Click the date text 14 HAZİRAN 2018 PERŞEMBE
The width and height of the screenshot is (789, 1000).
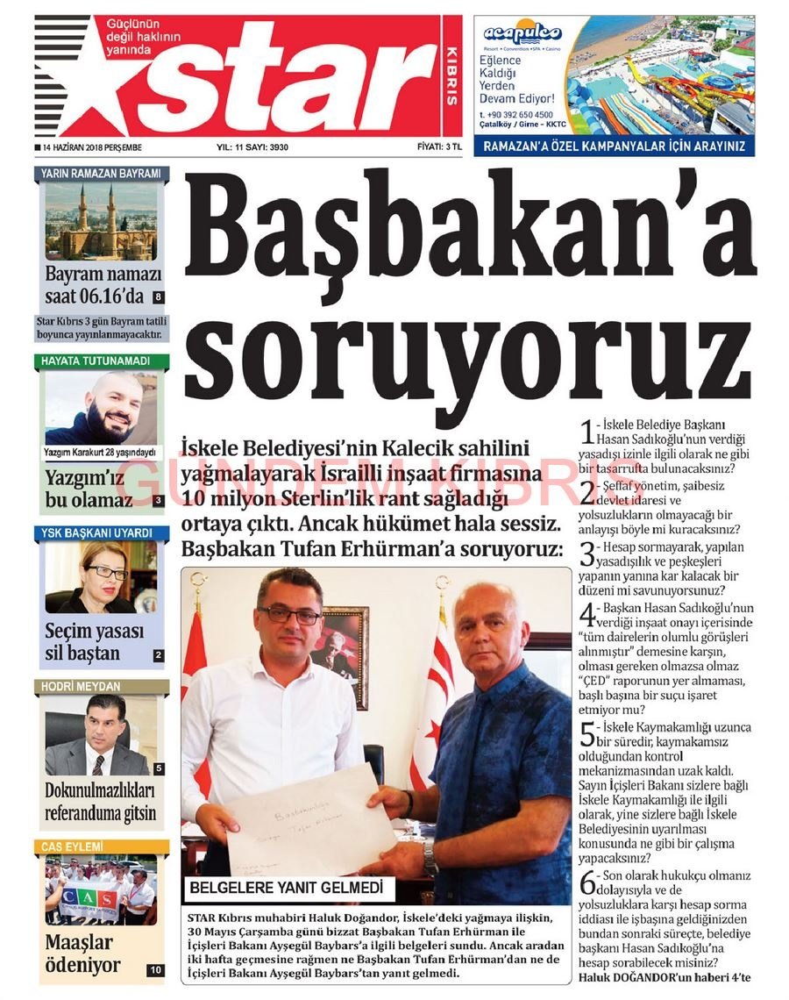[89, 147]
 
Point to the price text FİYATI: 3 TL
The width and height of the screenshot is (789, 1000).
[438, 147]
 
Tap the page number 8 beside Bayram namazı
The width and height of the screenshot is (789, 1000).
[158, 297]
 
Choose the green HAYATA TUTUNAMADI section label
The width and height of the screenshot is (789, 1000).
[103, 361]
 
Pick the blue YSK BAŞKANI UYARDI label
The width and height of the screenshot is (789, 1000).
[103, 532]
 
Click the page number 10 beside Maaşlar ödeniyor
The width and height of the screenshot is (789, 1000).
[155, 970]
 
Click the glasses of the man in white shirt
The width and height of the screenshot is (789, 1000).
[289, 615]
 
